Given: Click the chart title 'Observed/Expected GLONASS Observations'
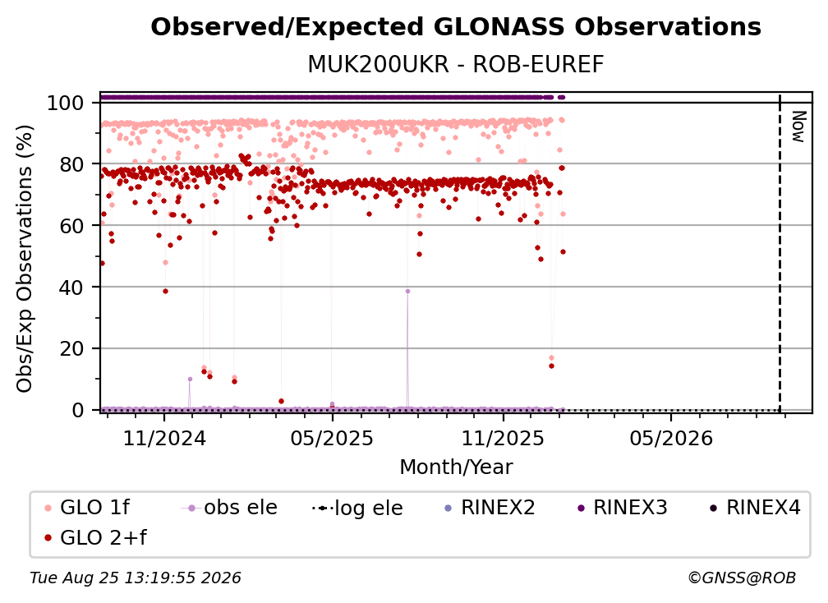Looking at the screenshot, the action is [456, 27].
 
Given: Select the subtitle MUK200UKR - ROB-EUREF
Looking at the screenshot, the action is [456, 64].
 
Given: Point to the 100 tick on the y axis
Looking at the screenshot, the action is [66, 103].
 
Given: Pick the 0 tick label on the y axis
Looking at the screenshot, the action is [78, 410].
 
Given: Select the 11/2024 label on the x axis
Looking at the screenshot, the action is [164, 438].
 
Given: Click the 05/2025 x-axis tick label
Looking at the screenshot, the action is [332, 438].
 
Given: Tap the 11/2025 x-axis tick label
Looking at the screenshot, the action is [503, 438].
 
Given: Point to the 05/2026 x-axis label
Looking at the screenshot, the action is [671, 438].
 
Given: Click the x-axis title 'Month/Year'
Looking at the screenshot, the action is [456, 467].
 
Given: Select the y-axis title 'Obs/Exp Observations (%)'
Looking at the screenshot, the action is [25, 259].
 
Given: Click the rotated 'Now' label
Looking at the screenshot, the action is [798, 127].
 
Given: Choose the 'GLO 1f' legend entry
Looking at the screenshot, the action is [87, 508].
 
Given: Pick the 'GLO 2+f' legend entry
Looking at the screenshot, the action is [95, 537].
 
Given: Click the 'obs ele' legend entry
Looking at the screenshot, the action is [228, 508].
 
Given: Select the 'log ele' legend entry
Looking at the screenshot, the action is [357, 508].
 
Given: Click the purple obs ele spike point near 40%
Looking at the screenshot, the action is [407, 291].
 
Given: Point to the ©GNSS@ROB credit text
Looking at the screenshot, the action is [742, 578].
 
